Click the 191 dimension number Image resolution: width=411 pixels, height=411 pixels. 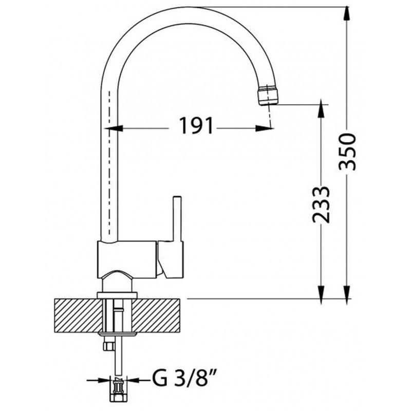(196, 126)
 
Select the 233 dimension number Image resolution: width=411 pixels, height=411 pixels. (321, 204)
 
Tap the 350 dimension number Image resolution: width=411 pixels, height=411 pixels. (347, 152)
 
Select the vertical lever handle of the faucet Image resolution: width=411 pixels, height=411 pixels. (177, 218)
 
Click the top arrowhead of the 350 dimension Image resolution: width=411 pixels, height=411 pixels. (347, 13)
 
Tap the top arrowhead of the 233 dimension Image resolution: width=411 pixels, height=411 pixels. (321, 111)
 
